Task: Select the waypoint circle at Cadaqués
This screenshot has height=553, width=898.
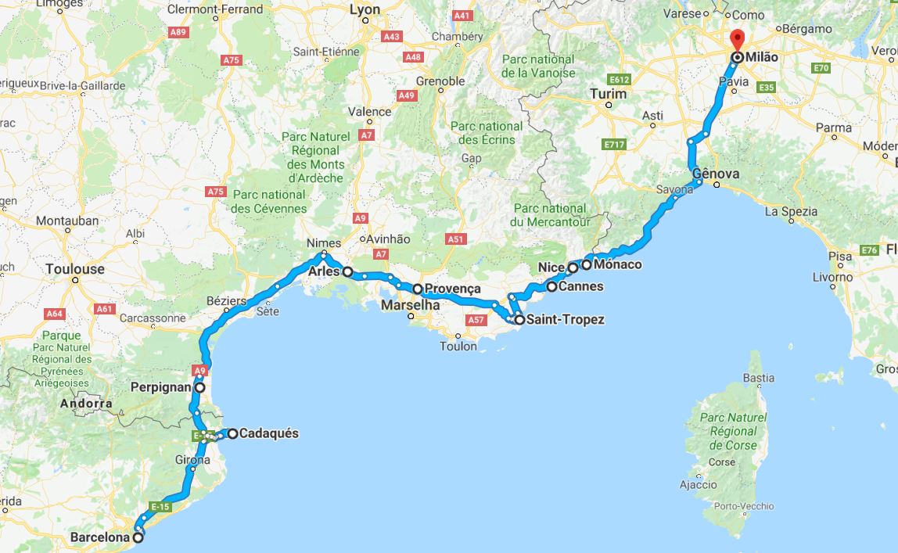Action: pyautogui.click(x=233, y=433)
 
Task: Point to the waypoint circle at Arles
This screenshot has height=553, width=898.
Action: pyautogui.click(x=347, y=273)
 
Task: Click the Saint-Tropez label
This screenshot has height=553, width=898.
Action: pyautogui.click(x=565, y=320)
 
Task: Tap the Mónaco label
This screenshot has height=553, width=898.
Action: pyautogui.click(x=617, y=264)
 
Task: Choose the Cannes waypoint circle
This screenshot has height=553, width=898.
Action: pyautogui.click(x=551, y=287)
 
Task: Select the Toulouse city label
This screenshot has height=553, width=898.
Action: pyautogui.click(x=74, y=268)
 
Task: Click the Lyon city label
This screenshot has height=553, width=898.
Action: pyautogui.click(x=365, y=10)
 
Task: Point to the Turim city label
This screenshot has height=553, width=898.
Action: pyautogui.click(x=609, y=94)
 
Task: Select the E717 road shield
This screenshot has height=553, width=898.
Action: pyautogui.click(x=614, y=145)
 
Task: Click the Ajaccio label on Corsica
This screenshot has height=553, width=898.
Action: pyautogui.click(x=699, y=485)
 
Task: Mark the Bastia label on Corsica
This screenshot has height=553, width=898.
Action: pyautogui.click(x=758, y=378)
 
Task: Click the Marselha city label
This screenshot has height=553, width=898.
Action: pyautogui.click(x=410, y=306)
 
